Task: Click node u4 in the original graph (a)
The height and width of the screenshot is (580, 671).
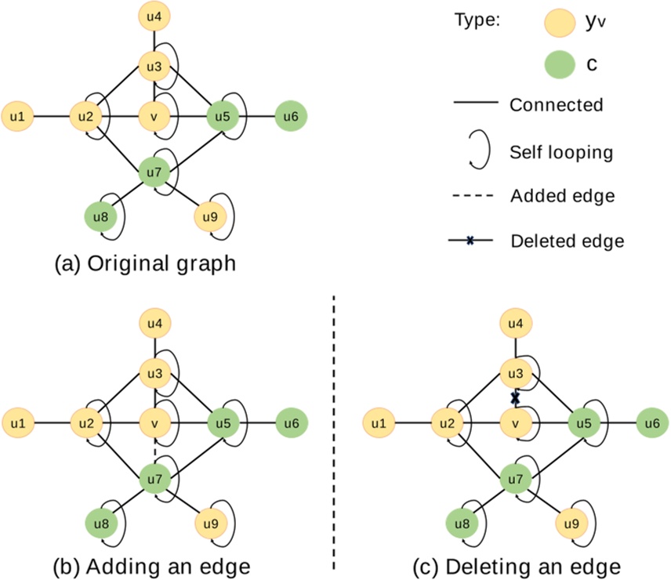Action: click(154, 15)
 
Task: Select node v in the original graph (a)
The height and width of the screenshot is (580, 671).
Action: click(154, 118)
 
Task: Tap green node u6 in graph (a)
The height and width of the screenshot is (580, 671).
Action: click(291, 118)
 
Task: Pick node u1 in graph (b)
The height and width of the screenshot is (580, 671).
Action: click(18, 422)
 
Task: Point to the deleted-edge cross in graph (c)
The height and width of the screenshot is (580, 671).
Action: click(516, 397)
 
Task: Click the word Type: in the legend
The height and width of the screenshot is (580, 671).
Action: click(477, 21)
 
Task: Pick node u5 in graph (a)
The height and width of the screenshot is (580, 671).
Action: click(223, 118)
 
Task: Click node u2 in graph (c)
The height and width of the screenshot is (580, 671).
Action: click(448, 422)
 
